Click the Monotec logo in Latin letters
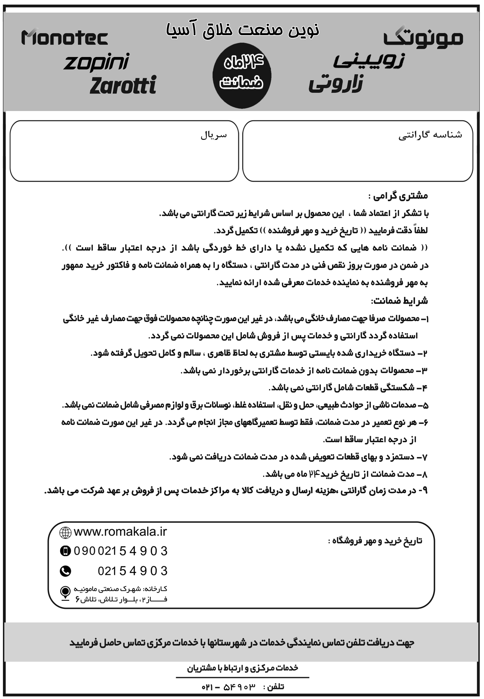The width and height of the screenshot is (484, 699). coord(65,38)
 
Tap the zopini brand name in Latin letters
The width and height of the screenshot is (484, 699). coord(96,62)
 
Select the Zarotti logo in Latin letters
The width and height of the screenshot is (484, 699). coord(123,85)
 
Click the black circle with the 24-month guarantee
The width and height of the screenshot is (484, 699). coord(242,76)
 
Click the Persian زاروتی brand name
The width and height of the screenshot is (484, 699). coord(336,84)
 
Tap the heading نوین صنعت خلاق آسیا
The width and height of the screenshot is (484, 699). coord(242,29)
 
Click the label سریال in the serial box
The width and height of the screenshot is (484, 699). coord(214,135)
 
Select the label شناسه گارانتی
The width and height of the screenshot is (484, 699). coord(430,135)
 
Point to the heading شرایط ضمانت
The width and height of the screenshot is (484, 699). coord(399,301)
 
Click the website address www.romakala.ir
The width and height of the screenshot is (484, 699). coord(120,532)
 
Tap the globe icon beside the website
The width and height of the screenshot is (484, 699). coord(65,533)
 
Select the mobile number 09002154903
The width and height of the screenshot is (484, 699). coord(121,551)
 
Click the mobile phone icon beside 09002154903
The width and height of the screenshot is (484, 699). coord(65,551)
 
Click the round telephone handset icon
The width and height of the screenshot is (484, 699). coord(65,571)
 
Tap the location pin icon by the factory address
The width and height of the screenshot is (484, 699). coord(65,593)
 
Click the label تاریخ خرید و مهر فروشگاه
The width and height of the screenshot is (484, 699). coord(375,541)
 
